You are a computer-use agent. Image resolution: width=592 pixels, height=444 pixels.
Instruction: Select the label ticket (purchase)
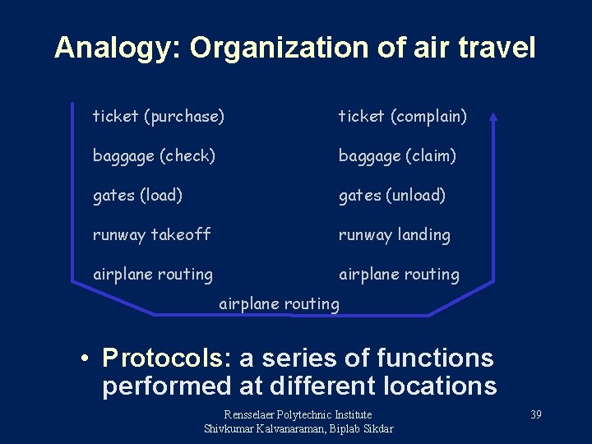point(158,117)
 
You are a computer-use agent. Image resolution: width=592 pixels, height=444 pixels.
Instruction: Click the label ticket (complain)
point(403,117)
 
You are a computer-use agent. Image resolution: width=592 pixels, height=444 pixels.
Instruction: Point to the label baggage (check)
point(154,155)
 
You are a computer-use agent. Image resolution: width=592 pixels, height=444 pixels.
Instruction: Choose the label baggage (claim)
point(397,155)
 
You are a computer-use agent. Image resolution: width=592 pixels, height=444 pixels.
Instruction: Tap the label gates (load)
point(137,195)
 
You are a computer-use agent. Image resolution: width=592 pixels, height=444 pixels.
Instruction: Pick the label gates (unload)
point(392,195)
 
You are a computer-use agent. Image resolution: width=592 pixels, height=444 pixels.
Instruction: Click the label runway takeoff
point(151,234)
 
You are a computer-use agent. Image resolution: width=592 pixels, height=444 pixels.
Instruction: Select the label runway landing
point(395,234)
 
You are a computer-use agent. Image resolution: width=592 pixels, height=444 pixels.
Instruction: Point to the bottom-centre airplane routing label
point(279,303)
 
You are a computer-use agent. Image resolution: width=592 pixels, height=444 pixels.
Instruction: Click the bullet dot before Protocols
point(85,359)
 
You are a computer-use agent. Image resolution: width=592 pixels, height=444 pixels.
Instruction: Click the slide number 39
point(535,414)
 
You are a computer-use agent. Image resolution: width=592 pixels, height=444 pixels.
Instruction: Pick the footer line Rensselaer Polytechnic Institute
point(298,414)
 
